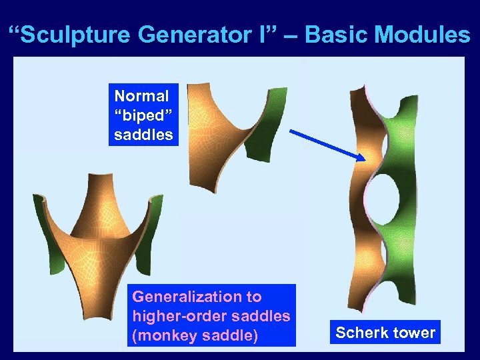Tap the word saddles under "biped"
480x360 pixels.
tap(143, 134)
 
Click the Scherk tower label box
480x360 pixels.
tap(385, 332)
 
